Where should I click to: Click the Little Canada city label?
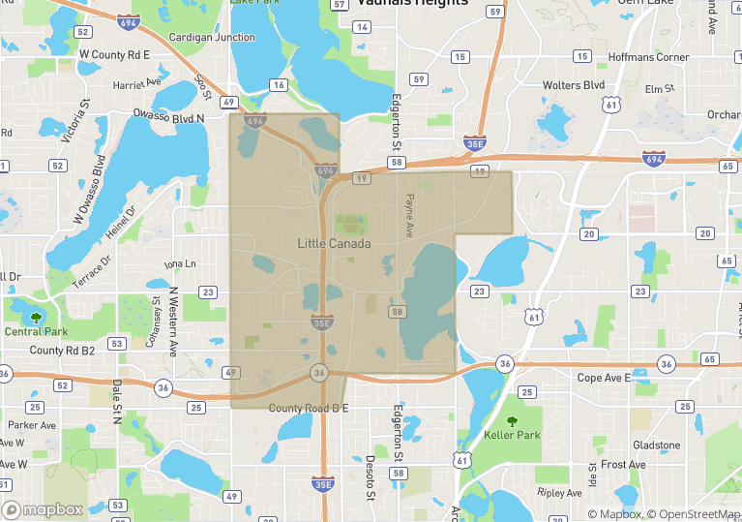click(333, 244)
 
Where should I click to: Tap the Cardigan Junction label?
click(212, 38)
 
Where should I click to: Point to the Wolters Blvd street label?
click(574, 86)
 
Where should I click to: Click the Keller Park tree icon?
click(513, 421)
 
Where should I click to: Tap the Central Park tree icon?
click(36, 317)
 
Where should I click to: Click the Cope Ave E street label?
click(604, 378)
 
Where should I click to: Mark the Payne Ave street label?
click(409, 216)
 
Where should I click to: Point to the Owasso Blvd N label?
click(173, 118)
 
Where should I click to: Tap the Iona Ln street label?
click(180, 264)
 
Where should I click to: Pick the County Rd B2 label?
click(62, 351)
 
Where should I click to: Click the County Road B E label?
click(308, 409)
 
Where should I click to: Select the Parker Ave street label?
click(33, 425)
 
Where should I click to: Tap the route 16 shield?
click(279, 85)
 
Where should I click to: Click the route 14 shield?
click(362, 26)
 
